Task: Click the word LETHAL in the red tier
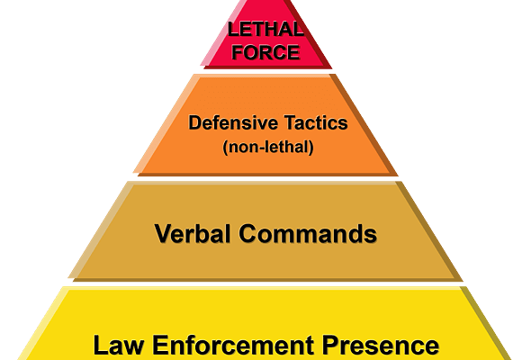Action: pyautogui.click(x=265, y=30)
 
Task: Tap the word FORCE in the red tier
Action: pyautogui.click(x=265, y=52)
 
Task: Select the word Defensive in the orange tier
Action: pyautogui.click(x=233, y=122)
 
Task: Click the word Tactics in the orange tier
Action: pyautogui.click(x=316, y=122)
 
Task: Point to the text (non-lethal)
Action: pyautogui.click(x=268, y=148)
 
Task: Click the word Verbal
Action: pyautogui.click(x=193, y=233)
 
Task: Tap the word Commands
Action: pyautogui.click(x=308, y=233)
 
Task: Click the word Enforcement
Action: pyautogui.click(x=233, y=345)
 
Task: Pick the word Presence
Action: pyautogui.click(x=381, y=345)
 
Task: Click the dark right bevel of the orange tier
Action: pyautogui.click(x=364, y=124)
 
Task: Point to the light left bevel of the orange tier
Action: pyautogui.click(x=165, y=124)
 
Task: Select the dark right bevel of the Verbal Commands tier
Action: pyautogui.click(x=430, y=231)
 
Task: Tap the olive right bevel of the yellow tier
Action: pyautogui.click(x=488, y=323)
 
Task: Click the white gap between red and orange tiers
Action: pyautogui.click(x=265, y=71)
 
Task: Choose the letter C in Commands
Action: pyautogui.click(x=249, y=233)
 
